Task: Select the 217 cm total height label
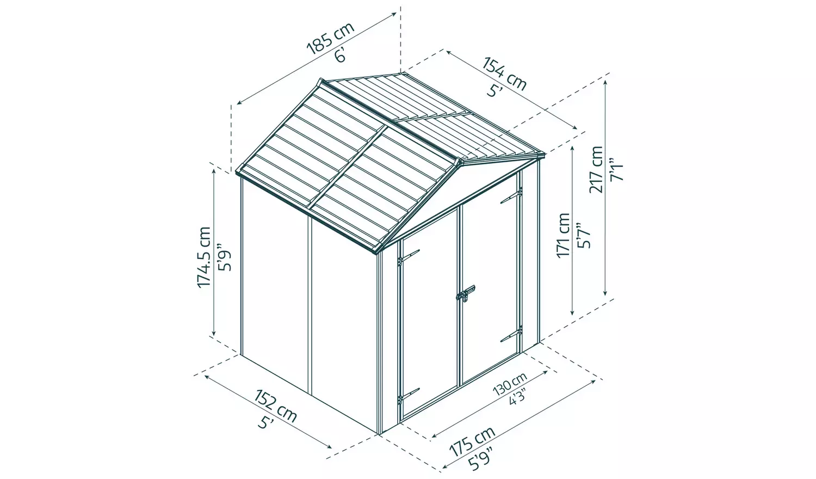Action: click(596, 169)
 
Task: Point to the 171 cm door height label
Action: click(563, 235)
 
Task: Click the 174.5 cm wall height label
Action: click(204, 257)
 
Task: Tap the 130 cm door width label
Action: click(510, 384)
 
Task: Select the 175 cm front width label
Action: click(472, 441)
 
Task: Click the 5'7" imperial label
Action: click(583, 235)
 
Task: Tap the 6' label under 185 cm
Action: click(341, 54)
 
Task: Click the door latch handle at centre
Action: click(465, 294)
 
